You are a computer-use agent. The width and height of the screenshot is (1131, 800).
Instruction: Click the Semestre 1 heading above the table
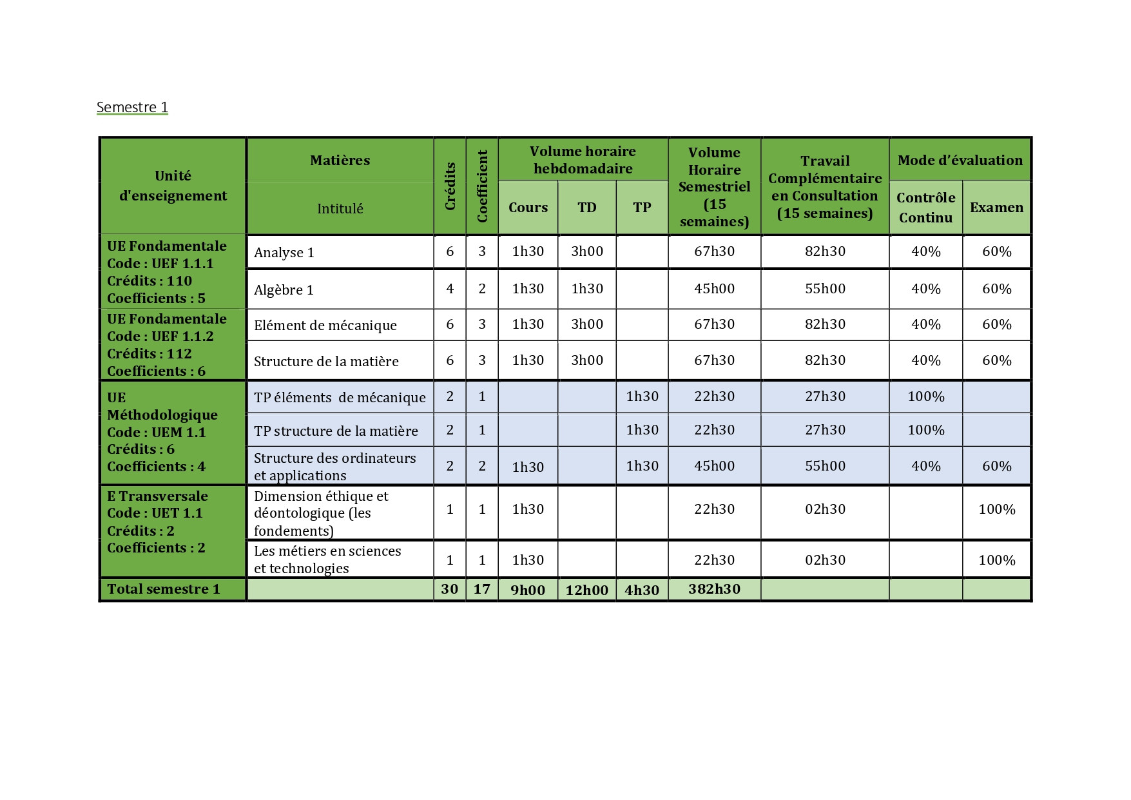pyautogui.click(x=132, y=107)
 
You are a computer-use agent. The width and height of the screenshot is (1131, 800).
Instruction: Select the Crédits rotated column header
pyautogui.click(x=450, y=186)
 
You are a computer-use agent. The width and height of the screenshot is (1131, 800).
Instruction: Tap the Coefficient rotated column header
pyautogui.click(x=482, y=186)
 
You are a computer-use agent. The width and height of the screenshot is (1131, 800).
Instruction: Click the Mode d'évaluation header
pyautogui.click(x=960, y=160)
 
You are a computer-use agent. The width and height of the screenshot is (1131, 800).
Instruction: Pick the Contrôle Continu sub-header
pyautogui.click(x=925, y=208)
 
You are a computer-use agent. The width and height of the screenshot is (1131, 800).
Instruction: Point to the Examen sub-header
pyautogui.click(x=996, y=208)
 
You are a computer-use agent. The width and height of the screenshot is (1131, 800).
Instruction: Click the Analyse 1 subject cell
pyautogui.click(x=284, y=253)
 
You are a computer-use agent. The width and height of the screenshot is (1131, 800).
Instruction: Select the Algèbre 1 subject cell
pyautogui.click(x=284, y=290)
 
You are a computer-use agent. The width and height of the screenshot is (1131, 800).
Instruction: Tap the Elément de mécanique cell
pyautogui.click(x=325, y=326)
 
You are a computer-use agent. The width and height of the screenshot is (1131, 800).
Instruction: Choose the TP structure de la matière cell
pyautogui.click(x=336, y=431)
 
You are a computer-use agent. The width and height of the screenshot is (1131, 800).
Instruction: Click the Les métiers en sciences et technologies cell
pyautogui.click(x=327, y=560)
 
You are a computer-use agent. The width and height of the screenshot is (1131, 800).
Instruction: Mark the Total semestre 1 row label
pyautogui.click(x=164, y=589)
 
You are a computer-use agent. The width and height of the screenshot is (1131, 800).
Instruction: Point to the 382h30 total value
pyautogui.click(x=714, y=589)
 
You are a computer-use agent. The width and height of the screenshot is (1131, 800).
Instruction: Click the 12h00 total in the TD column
pyautogui.click(x=586, y=590)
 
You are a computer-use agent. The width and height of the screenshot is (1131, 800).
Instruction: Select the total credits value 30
pyautogui.click(x=449, y=589)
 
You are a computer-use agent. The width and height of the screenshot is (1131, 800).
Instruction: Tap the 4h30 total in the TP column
pyautogui.click(x=642, y=590)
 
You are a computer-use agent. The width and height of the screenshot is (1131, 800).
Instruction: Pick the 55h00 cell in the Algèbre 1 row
pyautogui.click(x=825, y=289)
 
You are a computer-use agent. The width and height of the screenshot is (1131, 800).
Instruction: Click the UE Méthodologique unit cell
pyautogui.click(x=162, y=432)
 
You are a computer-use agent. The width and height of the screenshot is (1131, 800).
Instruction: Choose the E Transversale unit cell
pyautogui.click(x=157, y=522)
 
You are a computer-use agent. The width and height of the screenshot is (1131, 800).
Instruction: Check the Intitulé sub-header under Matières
pyautogui.click(x=340, y=209)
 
